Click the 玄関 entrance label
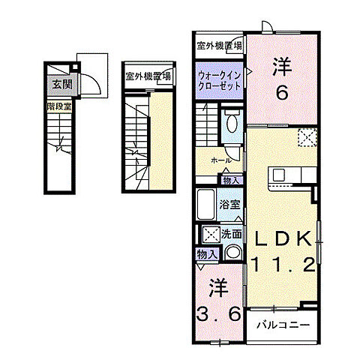[61, 85]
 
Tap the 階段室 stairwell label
[58, 106]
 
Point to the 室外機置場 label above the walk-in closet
[220, 46]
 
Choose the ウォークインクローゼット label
[220, 80]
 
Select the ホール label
[220, 160]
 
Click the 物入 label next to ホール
[231, 180]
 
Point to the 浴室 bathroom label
[229, 203]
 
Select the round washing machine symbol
[232, 253]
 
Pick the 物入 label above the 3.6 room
[206, 255]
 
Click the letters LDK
[284, 238]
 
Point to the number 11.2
[284, 264]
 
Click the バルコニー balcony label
[280, 325]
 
